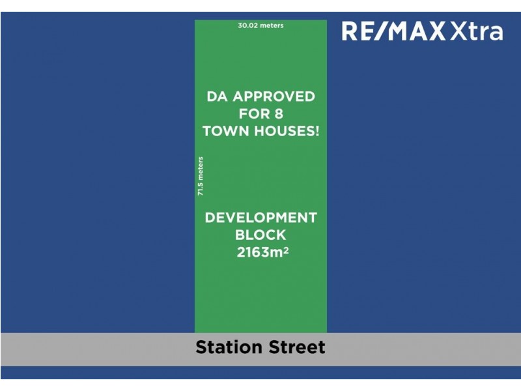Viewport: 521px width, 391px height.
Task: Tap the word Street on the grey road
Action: (x=296, y=347)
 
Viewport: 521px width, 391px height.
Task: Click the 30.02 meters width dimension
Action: (x=261, y=26)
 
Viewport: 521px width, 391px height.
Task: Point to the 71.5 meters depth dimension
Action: (x=201, y=176)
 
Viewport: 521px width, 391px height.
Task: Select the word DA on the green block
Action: (x=218, y=96)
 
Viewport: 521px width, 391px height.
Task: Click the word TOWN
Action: (x=226, y=130)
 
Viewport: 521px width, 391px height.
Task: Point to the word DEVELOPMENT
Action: (x=260, y=218)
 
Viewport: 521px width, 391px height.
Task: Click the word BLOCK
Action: (x=260, y=235)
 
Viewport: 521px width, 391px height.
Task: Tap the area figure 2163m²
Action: (x=262, y=252)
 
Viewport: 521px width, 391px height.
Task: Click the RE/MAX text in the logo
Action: (x=394, y=31)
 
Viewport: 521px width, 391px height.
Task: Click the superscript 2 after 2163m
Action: (x=286, y=248)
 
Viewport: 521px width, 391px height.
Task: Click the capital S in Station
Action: (x=202, y=347)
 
